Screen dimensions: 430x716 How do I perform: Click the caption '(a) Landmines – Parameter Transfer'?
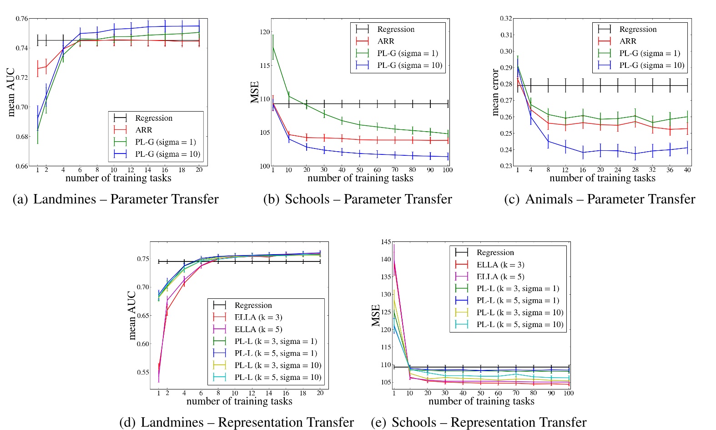click(116, 199)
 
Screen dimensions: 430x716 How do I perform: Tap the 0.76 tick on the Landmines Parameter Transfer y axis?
click(21, 19)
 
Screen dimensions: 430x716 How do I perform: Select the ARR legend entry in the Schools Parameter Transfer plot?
click(385, 41)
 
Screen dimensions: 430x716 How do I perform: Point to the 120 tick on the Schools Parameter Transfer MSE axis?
click(264, 32)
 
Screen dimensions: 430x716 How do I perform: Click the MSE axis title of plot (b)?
click(255, 92)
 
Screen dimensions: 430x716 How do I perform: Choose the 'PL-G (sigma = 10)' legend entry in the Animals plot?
click(651, 65)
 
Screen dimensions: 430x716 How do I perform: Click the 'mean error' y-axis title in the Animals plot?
click(496, 92)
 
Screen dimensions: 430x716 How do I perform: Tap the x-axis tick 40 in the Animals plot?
click(687, 170)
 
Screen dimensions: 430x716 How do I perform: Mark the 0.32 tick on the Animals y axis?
click(506, 19)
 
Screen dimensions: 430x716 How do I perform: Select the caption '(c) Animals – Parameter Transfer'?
click(600, 199)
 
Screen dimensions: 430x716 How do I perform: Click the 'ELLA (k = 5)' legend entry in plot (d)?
click(258, 329)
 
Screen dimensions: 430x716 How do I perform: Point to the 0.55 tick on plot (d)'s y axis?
click(143, 372)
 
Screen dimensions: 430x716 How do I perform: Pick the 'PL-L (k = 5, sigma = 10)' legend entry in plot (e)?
click(519, 324)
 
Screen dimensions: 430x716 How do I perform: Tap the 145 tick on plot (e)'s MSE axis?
click(386, 242)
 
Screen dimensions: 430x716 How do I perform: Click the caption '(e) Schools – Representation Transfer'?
click(479, 422)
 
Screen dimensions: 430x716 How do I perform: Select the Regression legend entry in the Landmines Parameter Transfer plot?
click(154, 118)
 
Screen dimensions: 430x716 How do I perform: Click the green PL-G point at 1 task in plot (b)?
click(273, 47)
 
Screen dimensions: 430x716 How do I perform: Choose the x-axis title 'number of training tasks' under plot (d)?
click(239, 401)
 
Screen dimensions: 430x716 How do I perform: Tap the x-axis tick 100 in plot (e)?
click(569, 393)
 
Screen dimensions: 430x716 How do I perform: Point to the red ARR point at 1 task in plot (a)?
click(38, 69)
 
